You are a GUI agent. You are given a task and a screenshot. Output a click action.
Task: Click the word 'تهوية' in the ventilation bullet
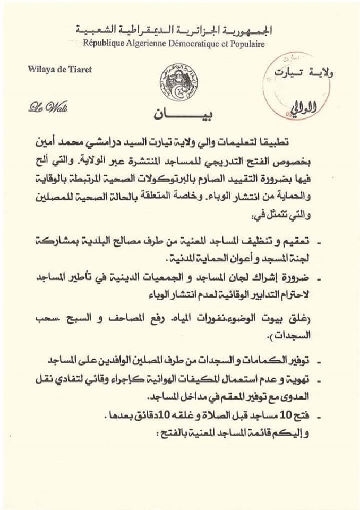tap(309, 379)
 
